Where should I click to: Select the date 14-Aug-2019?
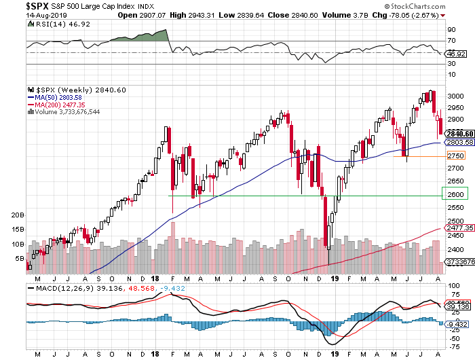[23, 14]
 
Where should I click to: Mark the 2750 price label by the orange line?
[455, 156]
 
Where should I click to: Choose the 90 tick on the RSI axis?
[450, 30]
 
